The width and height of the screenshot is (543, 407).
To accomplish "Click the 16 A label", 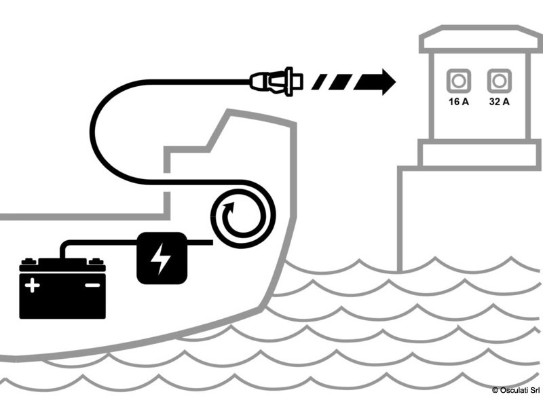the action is coord(459,102).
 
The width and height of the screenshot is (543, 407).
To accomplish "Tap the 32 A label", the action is coord(499,102).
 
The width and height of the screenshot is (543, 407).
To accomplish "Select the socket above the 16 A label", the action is coord(459,81).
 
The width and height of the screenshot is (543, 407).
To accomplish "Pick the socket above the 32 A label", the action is coord(499,81).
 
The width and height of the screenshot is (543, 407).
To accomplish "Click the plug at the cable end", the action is coord(276,81).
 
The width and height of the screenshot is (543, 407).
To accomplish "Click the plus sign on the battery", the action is coord(32,285).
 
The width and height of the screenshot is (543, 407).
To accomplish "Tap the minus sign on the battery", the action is coord(92,285).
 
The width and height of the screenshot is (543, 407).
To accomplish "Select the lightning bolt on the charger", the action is coord(161,258).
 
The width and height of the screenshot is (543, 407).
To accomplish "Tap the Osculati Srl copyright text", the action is coord(516,390).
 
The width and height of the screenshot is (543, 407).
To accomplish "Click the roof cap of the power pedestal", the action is coord(481,39).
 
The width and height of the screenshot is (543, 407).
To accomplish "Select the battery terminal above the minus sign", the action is coord(96,261).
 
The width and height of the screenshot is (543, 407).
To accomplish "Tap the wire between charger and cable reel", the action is coord(200,242).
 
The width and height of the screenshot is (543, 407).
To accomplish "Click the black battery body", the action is coord(62,289).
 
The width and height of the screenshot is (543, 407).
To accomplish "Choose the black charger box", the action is coord(162,258).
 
